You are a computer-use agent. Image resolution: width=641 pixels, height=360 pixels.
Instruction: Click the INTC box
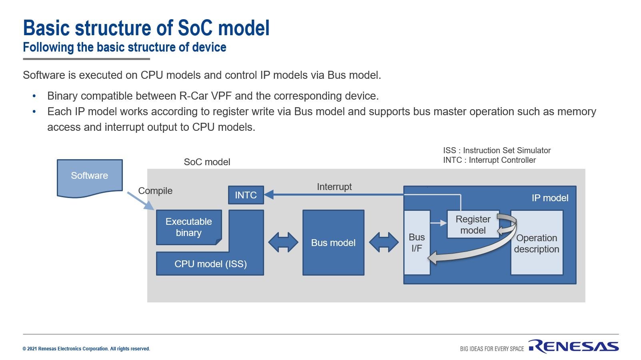[x=246, y=195]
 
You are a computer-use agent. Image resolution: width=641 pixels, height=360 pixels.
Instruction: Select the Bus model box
[x=333, y=243]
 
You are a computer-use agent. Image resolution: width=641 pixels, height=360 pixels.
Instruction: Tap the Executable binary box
[x=189, y=227]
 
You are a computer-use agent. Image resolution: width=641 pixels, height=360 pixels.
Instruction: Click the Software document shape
[x=90, y=176]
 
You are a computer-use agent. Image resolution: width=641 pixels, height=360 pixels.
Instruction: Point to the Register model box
[x=473, y=225]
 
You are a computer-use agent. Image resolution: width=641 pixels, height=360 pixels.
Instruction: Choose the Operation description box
[x=537, y=243]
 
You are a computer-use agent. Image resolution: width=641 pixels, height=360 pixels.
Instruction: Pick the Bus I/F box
[x=417, y=243]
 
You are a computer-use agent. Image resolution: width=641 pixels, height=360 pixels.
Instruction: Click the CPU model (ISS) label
[x=210, y=264]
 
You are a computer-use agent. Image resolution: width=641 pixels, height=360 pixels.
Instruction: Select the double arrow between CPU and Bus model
[x=283, y=242]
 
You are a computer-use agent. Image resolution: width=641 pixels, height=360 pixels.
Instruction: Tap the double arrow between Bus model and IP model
[x=384, y=242]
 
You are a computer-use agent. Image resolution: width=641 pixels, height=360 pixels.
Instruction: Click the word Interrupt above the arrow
[x=334, y=187]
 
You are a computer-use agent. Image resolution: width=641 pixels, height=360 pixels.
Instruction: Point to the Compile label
[x=155, y=191]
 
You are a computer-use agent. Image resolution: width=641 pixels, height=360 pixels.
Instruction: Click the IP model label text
[x=550, y=198]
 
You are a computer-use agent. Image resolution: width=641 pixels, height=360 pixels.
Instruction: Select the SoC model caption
[x=207, y=162]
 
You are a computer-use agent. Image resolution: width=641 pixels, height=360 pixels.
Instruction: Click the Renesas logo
[x=573, y=346]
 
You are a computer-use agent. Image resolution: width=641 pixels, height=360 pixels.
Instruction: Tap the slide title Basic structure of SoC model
[x=146, y=28]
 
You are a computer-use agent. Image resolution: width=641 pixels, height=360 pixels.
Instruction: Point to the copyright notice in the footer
[x=86, y=349]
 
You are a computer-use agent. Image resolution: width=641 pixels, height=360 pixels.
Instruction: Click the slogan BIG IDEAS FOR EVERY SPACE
[x=492, y=349]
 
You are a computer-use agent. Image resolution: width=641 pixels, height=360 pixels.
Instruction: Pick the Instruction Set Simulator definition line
[x=497, y=150]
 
